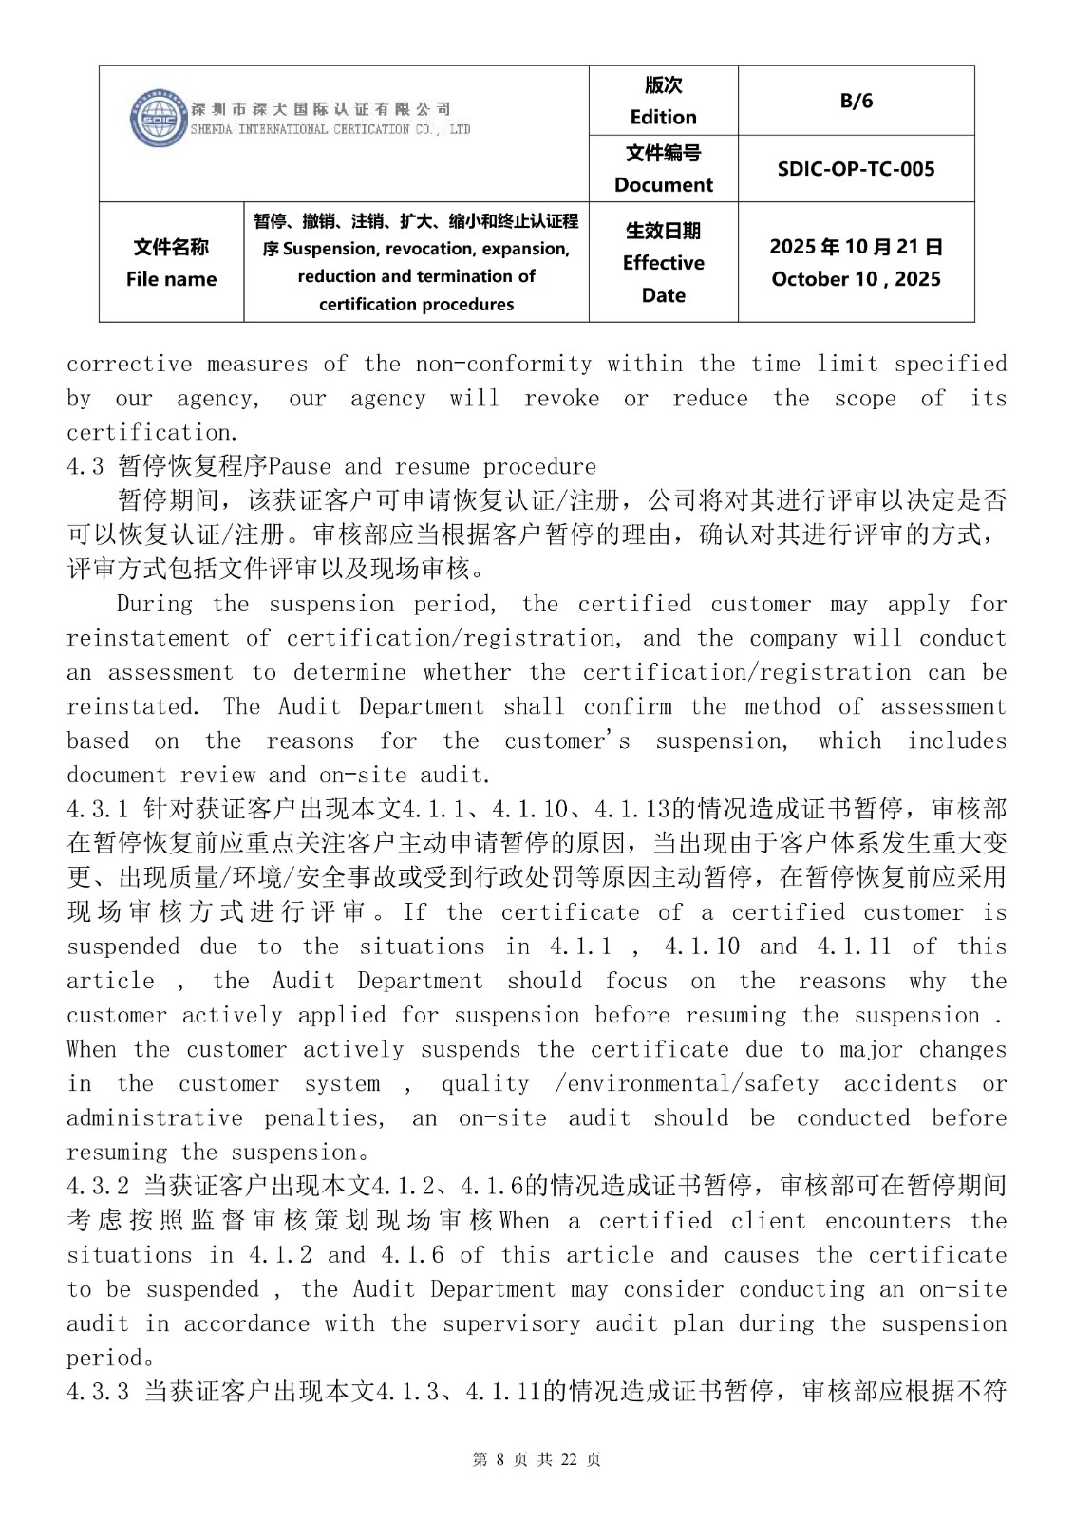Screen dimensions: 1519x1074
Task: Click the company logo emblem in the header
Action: (x=158, y=119)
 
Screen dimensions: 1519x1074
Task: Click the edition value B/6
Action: (x=856, y=101)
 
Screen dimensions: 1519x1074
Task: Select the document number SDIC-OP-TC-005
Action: (x=856, y=169)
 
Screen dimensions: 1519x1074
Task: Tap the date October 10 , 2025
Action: (x=856, y=279)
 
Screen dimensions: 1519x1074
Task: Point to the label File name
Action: (x=171, y=279)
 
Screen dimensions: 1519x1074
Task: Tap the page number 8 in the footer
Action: (x=498, y=1459)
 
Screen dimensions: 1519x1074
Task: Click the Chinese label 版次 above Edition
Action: (x=663, y=85)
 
